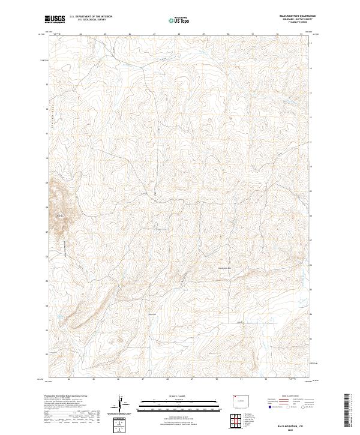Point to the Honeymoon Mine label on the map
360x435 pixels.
click(223, 267)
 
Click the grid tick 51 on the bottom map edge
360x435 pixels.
click(241, 379)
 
